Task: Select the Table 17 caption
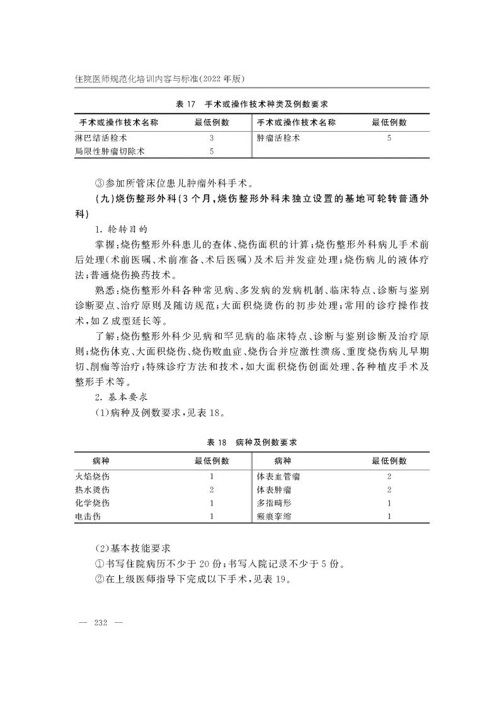coord(251,103)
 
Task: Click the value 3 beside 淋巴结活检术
coord(212,137)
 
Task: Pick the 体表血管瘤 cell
coord(278,477)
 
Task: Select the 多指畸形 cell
coord(273,503)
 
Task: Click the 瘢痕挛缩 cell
coord(273,516)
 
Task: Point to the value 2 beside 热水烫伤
coord(212,490)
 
